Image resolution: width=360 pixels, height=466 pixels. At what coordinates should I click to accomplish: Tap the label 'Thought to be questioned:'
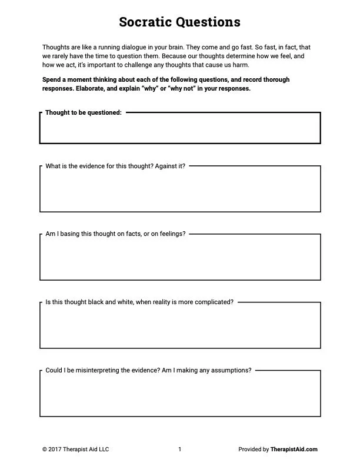point(84,112)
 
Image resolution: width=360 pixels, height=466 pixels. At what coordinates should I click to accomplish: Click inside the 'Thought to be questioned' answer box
point(180,129)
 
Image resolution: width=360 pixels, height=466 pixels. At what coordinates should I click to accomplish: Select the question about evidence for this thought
point(115,166)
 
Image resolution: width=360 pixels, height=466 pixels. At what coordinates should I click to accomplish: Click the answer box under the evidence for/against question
point(180,191)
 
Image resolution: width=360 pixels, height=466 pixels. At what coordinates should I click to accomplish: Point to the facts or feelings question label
point(115,234)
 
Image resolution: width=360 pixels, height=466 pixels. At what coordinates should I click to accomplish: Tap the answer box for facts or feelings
point(180,259)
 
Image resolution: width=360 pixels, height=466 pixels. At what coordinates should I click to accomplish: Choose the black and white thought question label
point(139,302)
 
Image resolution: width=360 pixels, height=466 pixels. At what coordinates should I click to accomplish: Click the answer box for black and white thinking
point(180,327)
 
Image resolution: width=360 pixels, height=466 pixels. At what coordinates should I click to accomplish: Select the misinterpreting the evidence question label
point(148,370)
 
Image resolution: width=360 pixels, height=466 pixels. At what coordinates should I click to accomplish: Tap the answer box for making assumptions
point(180,395)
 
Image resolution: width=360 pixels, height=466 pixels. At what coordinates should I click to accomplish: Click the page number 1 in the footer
point(179,450)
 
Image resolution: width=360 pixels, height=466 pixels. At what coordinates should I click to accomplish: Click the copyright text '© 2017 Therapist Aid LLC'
point(76,450)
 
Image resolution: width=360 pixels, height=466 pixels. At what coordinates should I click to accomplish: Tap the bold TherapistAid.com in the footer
point(294,450)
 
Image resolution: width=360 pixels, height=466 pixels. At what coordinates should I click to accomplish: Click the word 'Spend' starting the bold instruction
point(52,79)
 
